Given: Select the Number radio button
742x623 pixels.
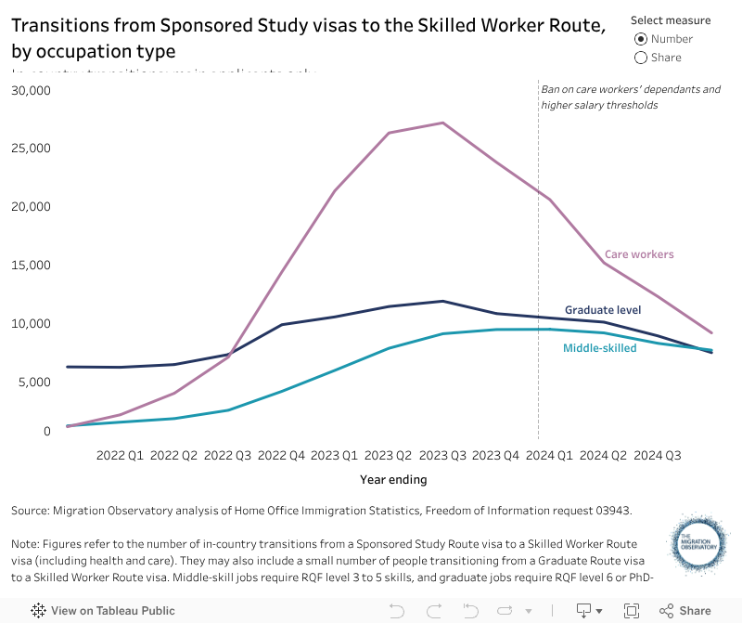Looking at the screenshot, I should pyautogui.click(x=641, y=39).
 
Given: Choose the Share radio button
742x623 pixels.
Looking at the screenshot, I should pyautogui.click(x=641, y=58).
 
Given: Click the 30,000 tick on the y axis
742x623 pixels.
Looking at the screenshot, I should pyautogui.click(x=32, y=91).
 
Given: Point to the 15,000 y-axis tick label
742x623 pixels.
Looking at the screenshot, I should pyautogui.click(x=32, y=266).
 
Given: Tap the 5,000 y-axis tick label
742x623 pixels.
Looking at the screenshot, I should pyautogui.click(x=35, y=383).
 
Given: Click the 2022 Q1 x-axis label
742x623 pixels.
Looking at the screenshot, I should pyautogui.click(x=120, y=456).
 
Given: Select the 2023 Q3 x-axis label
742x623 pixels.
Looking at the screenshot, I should pyautogui.click(x=441, y=456).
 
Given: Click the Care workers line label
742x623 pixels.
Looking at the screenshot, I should pyautogui.click(x=639, y=254).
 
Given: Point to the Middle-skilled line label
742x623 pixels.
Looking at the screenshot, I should pyautogui.click(x=600, y=348).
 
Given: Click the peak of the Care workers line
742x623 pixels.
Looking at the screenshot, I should pyautogui.click(x=442, y=123).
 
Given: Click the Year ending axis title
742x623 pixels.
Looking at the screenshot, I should pyautogui.click(x=393, y=480).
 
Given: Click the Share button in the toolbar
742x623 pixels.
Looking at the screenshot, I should pyautogui.click(x=685, y=611).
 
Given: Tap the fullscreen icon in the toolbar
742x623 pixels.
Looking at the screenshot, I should pyautogui.click(x=632, y=611).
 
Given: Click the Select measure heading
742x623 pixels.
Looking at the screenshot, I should pyautogui.click(x=671, y=20).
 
